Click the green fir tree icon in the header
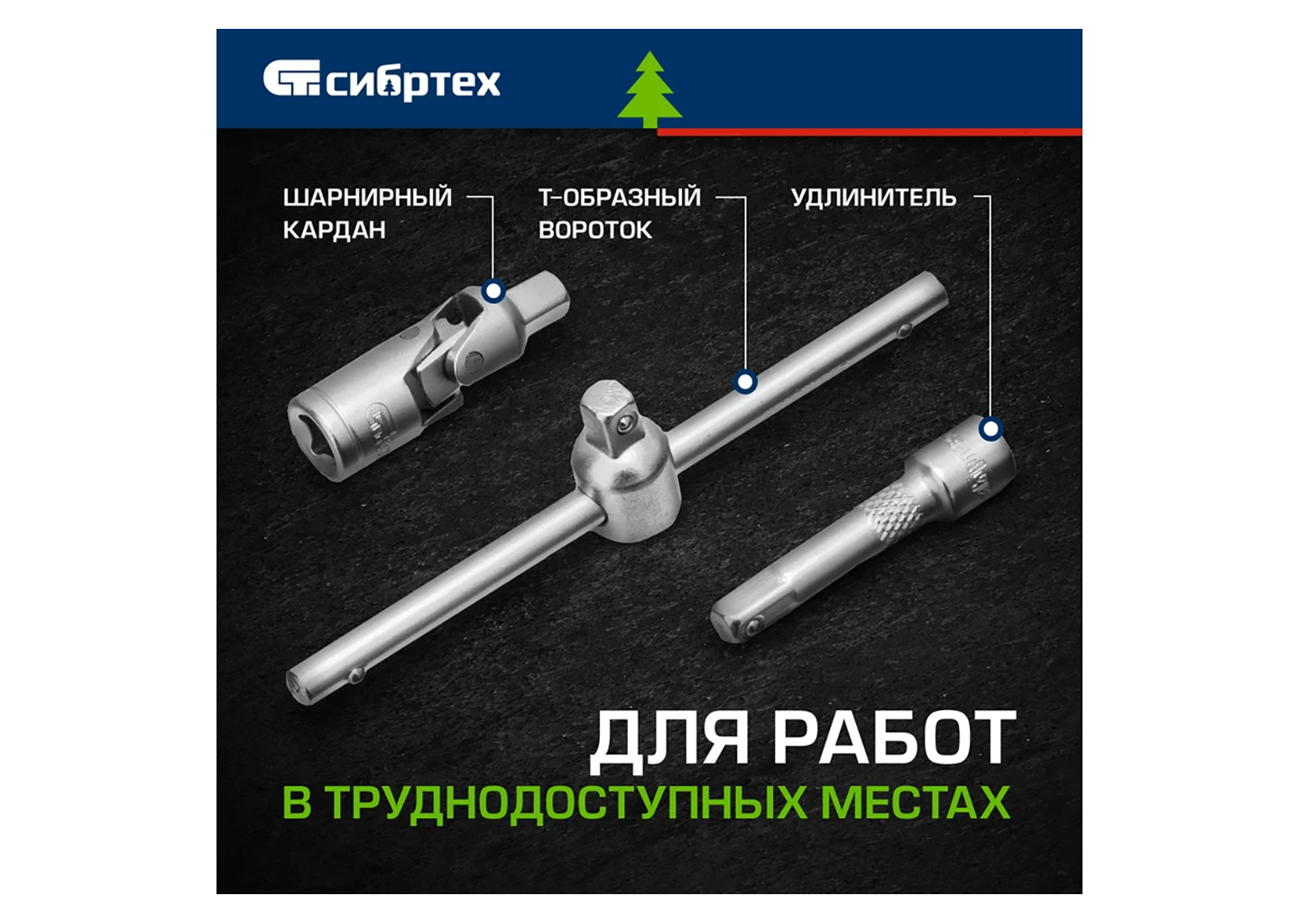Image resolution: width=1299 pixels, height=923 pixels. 649,90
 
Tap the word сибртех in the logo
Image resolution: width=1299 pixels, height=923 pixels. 413,82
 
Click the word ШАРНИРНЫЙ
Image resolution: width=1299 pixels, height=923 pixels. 367,197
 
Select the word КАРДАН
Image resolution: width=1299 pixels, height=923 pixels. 334,231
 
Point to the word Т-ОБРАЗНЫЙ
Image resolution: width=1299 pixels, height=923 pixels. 620,197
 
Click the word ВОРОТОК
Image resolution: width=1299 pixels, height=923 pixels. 595,231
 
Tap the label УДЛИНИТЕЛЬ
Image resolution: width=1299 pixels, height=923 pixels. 873,198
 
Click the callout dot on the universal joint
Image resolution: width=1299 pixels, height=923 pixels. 493,291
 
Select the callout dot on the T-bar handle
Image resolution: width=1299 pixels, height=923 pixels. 745,382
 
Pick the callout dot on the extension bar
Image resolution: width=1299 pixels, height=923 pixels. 991,429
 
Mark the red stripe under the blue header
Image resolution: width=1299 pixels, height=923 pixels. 870,133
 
